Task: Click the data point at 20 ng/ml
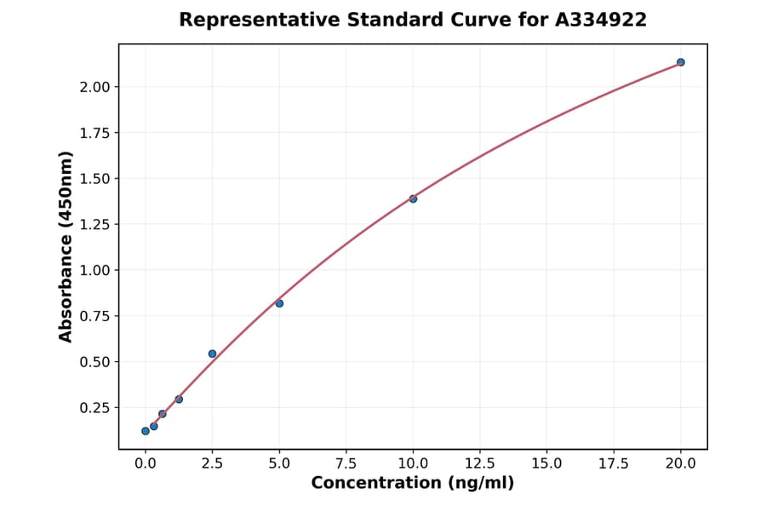[681, 62]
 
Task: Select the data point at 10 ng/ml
[413, 198]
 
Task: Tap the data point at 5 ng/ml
[279, 303]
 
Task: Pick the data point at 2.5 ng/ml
[213, 354]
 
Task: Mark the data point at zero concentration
[146, 431]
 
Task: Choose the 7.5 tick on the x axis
[346, 463]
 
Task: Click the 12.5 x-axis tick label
[480, 463]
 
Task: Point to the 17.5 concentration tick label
[614, 463]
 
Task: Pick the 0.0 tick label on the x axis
[146, 463]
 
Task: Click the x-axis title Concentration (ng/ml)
[413, 484]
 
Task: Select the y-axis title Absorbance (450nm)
[66, 246]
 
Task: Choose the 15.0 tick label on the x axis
[546, 463]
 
